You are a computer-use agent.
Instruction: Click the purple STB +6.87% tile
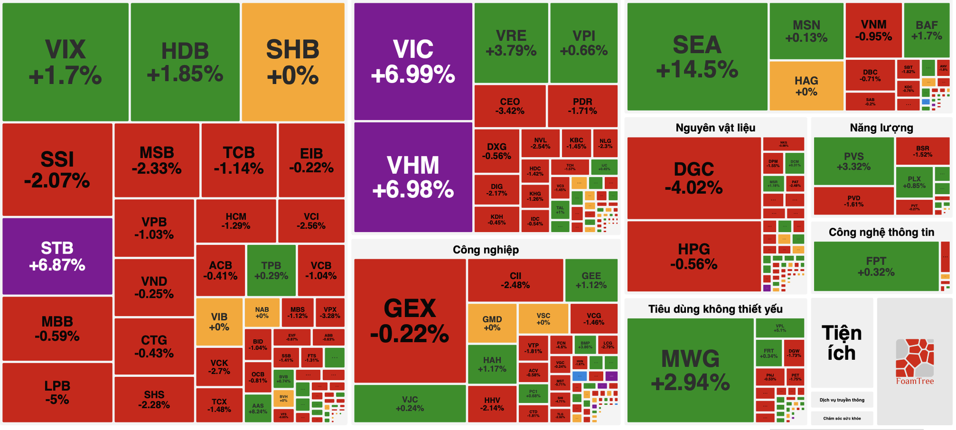(x=57, y=256)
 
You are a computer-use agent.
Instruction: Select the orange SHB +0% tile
(x=293, y=62)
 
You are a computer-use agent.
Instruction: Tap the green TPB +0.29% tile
(x=271, y=270)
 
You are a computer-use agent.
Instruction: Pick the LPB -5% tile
(x=57, y=392)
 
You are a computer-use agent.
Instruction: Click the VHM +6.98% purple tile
(x=413, y=177)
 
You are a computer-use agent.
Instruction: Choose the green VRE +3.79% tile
(x=511, y=43)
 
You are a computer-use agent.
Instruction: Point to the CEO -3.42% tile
(x=510, y=106)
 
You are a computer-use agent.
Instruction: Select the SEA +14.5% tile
(x=697, y=57)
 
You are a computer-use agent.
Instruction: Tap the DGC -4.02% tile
(x=694, y=178)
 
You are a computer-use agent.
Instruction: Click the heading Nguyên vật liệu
(x=715, y=128)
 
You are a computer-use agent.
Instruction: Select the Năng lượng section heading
(x=881, y=128)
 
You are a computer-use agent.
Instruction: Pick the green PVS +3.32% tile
(x=853, y=161)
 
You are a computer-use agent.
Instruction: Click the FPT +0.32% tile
(x=876, y=266)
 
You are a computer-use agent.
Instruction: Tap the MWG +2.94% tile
(x=690, y=370)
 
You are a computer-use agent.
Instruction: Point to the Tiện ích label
(x=841, y=343)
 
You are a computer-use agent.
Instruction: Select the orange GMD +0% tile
(x=492, y=323)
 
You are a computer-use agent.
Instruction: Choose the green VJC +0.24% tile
(x=410, y=403)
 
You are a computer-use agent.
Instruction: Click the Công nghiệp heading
(x=486, y=249)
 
